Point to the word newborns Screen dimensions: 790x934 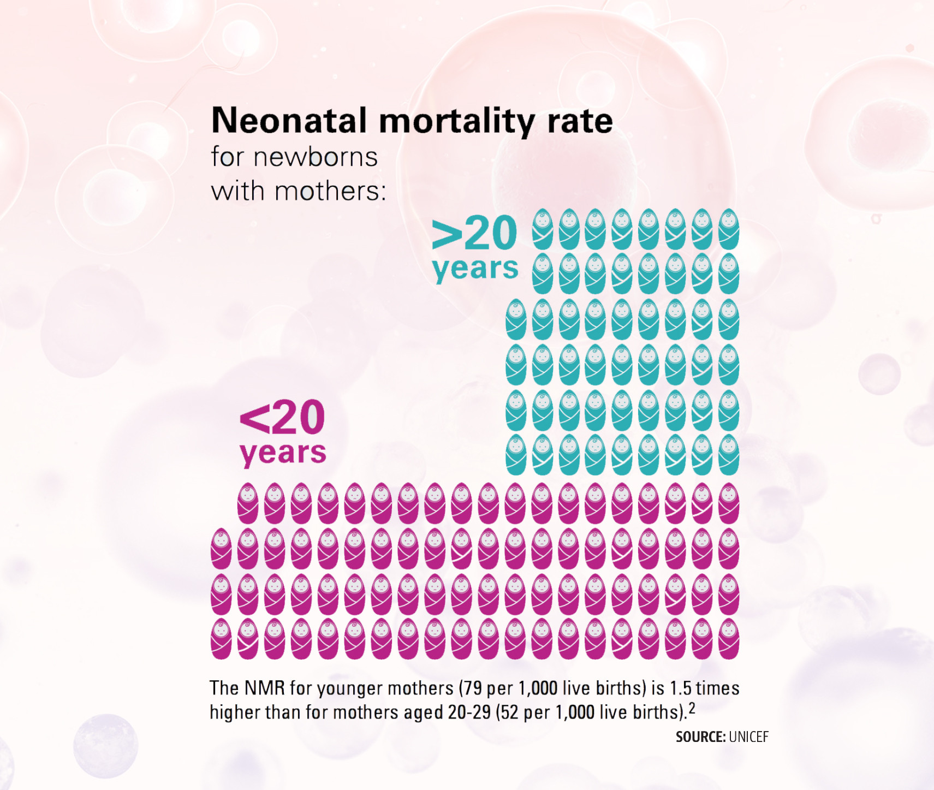315,157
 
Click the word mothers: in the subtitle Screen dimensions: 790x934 330,191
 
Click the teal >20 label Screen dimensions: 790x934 474,233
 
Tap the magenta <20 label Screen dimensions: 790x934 282,418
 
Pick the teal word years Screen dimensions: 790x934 475,268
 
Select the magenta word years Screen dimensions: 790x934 283,453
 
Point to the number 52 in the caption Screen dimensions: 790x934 510,712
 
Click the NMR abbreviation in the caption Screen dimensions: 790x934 265,688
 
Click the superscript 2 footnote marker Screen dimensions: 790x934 692,708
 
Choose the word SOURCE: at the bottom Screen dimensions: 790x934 700,737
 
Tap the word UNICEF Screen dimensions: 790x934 748,737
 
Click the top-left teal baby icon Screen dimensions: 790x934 543,229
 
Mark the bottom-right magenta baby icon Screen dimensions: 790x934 729,639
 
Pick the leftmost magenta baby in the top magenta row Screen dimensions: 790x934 248,503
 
